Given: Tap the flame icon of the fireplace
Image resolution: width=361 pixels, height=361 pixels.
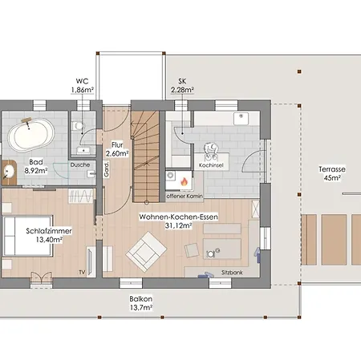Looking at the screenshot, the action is click(184, 182).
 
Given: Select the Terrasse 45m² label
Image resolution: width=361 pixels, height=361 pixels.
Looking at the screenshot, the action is click(332, 173).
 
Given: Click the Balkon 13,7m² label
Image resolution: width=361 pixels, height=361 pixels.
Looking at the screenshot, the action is click(141, 303).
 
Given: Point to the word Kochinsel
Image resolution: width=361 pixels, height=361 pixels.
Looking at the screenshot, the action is click(211, 165).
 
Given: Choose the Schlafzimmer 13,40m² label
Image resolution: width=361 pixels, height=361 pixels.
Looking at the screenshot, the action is click(49, 235).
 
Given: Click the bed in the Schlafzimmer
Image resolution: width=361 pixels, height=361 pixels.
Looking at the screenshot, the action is click(27, 236).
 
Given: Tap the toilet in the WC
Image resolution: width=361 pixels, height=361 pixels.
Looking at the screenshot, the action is click(78, 126).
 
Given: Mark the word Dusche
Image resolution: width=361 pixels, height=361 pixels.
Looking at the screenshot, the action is click(80, 165).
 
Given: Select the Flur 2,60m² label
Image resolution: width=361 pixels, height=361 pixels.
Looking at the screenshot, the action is click(117, 149).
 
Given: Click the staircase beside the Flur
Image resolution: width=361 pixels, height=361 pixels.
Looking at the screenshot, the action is click(146, 156).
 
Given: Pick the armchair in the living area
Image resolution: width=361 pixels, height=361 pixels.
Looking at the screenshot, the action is click(146, 252).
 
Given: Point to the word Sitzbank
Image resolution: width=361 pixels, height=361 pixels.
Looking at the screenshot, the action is click(232, 273).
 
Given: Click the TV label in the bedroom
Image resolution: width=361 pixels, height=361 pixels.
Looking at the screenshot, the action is click(82, 272).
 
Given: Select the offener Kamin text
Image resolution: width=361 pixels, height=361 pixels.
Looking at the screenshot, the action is click(185, 197).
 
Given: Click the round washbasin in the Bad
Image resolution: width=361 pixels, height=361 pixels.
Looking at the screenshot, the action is click(9, 172).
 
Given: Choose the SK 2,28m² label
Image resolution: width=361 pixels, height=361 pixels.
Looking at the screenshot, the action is click(182, 86).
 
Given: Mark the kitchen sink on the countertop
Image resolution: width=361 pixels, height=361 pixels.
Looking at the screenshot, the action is click(241, 119).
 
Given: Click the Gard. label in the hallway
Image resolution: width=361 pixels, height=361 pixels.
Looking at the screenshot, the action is click(107, 169).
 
